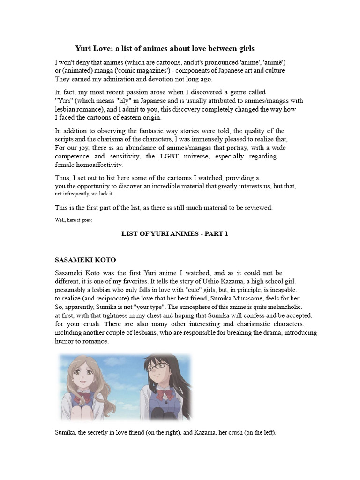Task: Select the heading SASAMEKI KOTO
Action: coord(85,260)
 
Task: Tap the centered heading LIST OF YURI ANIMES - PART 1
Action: coord(175,233)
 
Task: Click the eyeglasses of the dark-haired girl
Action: coord(157,366)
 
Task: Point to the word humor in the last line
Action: coord(65,341)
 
